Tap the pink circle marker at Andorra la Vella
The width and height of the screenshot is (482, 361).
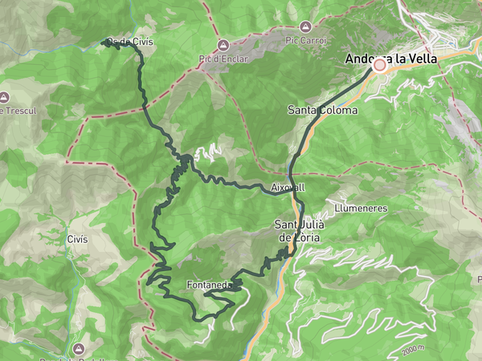coord(379,67)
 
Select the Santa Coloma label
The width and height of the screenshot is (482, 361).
coord(322,110)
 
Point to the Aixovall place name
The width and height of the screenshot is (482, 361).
coord(288,187)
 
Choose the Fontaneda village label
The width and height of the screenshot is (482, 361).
coord(209,285)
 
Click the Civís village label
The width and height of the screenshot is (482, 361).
coord(77,239)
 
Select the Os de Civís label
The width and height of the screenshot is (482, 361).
coord(131,42)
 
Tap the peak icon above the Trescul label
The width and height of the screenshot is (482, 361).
coord(3,95)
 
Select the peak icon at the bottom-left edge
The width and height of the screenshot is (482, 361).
coord(79,349)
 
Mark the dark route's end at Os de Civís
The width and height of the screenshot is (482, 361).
coord(104,43)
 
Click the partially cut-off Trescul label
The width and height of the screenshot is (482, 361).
coord(14,110)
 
